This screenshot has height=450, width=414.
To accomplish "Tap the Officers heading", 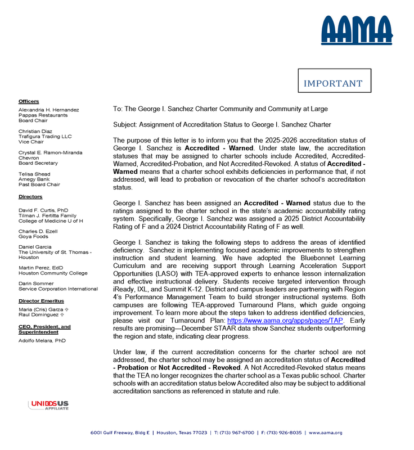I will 29,101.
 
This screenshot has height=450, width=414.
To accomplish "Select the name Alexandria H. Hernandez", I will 48,110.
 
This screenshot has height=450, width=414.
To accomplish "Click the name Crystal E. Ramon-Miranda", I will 50,152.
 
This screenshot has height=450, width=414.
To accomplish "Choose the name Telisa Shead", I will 34,174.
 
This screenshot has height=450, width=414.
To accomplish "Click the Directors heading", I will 30,197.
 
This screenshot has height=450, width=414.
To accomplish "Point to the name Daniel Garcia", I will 35,246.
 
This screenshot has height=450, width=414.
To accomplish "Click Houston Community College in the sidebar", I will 53,273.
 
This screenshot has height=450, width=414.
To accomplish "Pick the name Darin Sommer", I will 35,283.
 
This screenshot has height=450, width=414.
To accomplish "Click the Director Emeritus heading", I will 41,301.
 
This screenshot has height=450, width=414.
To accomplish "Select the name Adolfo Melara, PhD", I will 42,340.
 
